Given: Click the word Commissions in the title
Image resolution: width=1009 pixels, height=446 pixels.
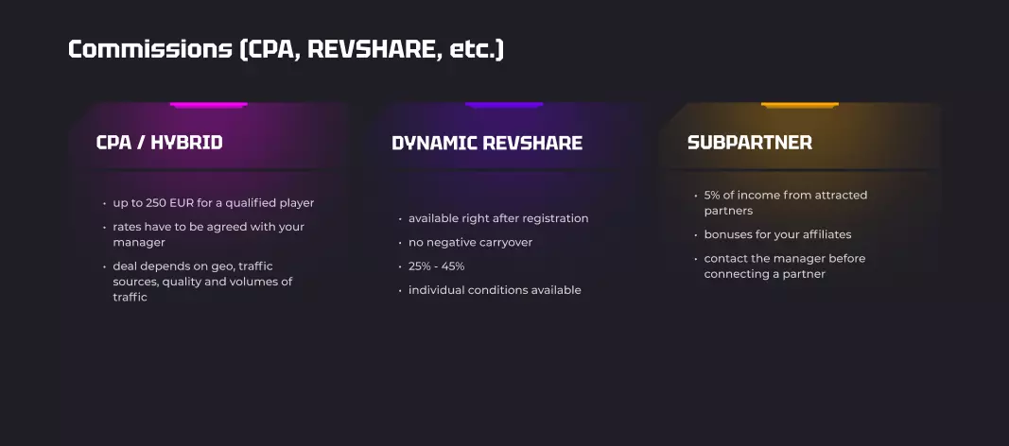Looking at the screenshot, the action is (150, 49).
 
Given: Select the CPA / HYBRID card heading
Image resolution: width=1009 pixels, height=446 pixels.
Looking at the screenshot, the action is (159, 142).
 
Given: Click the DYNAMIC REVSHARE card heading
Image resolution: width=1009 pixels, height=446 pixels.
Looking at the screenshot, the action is (486, 143).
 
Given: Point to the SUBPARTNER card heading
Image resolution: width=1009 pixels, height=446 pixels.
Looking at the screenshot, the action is (750, 142).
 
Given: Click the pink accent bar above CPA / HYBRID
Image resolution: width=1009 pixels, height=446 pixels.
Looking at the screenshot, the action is (208, 105).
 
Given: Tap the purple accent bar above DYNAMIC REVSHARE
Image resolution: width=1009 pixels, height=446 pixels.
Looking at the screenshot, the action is (505, 105).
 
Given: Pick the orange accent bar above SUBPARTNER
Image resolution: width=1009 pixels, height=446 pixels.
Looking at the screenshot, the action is (800, 105).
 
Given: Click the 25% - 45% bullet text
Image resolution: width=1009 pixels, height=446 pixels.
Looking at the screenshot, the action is (436, 266).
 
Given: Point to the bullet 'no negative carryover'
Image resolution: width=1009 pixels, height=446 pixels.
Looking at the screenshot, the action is (470, 242).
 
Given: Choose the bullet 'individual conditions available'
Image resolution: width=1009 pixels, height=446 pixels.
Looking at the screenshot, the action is (495, 290).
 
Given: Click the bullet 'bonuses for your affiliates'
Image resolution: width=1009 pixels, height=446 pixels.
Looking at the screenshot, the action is (777, 234).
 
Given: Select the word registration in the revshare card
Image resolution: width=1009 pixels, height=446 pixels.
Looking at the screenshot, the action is (555, 218).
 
